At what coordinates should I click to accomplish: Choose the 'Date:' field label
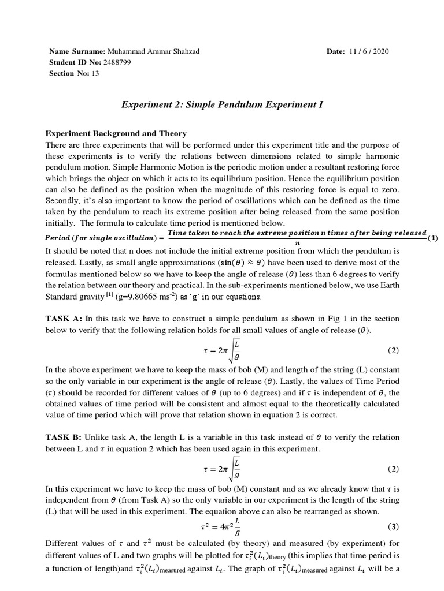point(336,51)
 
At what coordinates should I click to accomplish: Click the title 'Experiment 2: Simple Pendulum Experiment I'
point(222,105)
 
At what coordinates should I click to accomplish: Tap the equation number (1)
point(433,238)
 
